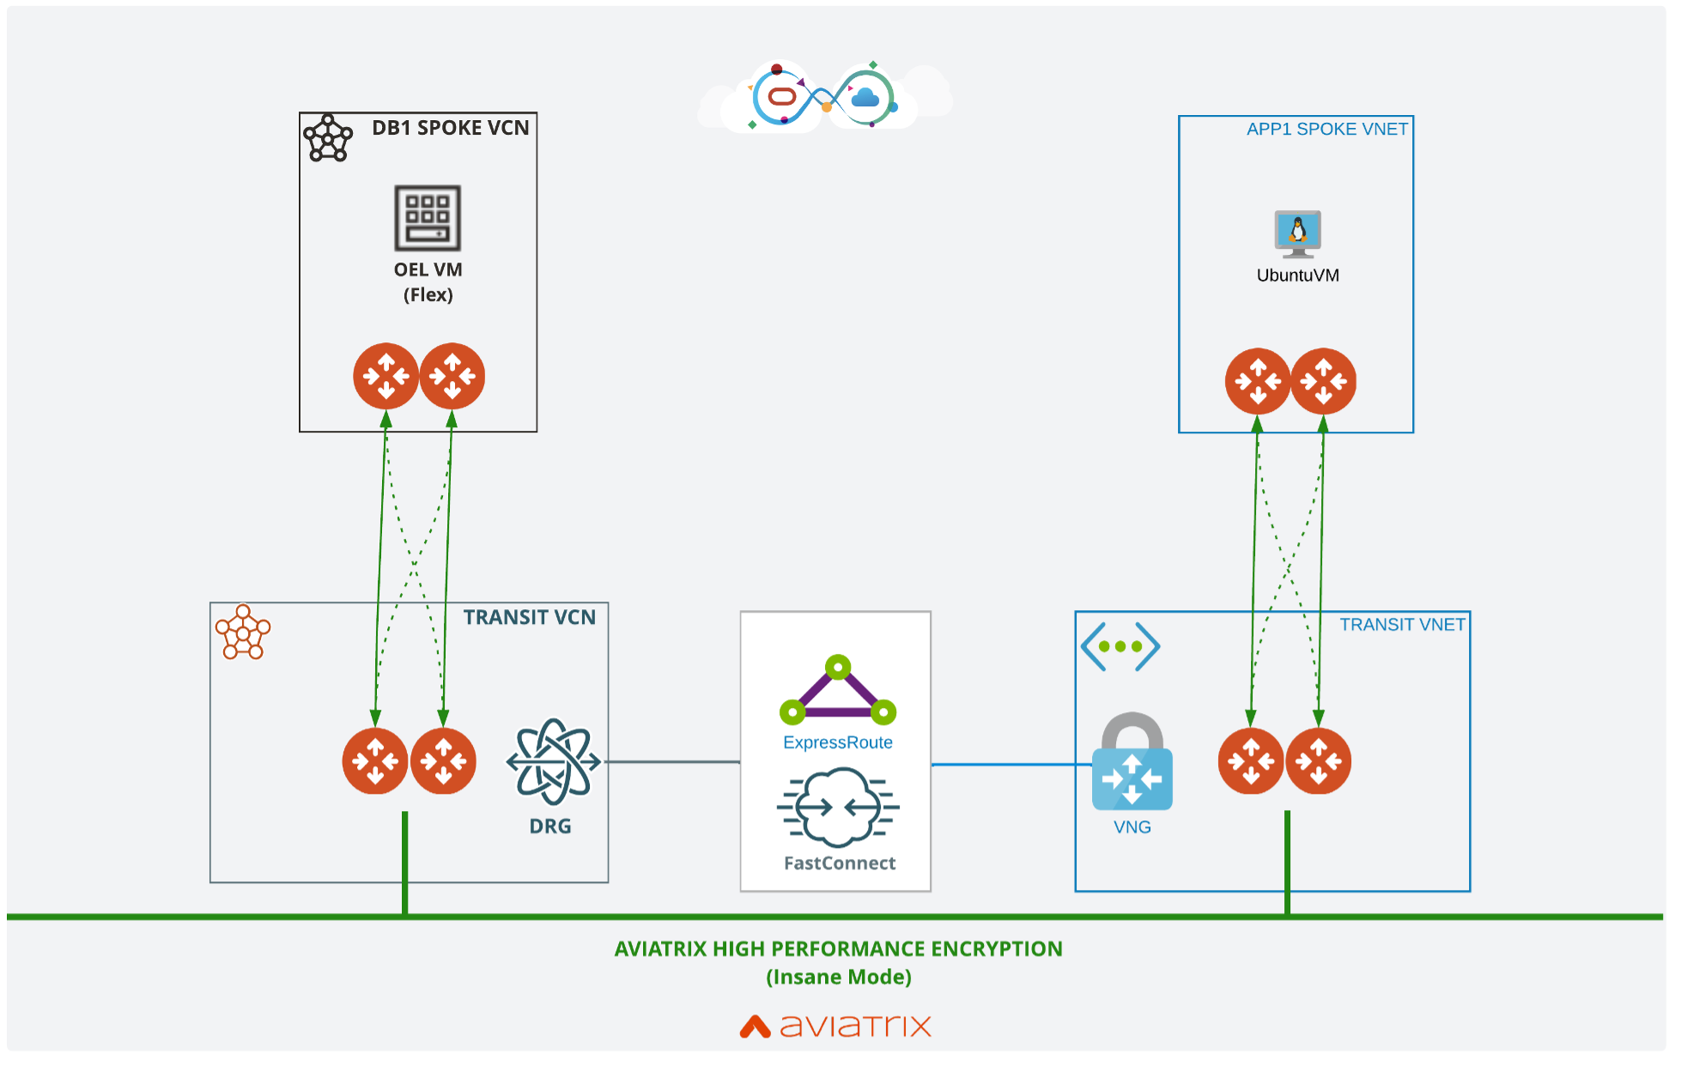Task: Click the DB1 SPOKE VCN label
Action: click(450, 128)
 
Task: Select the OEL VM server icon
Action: click(428, 218)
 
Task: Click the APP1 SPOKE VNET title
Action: click(1326, 129)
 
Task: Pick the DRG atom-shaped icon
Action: click(553, 761)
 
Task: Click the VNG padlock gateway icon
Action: click(1132, 763)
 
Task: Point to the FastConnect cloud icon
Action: click(838, 807)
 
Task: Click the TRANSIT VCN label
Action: click(529, 618)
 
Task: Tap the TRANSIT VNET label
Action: click(1402, 625)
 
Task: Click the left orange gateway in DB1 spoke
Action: click(386, 376)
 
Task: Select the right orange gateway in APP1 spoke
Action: click(1323, 381)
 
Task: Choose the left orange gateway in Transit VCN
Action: click(375, 761)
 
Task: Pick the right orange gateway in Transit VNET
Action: click(1318, 761)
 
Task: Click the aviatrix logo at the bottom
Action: click(835, 1026)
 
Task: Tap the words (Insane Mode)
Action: click(838, 977)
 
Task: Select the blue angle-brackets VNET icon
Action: click(1120, 647)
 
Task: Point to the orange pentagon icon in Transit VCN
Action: click(243, 633)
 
